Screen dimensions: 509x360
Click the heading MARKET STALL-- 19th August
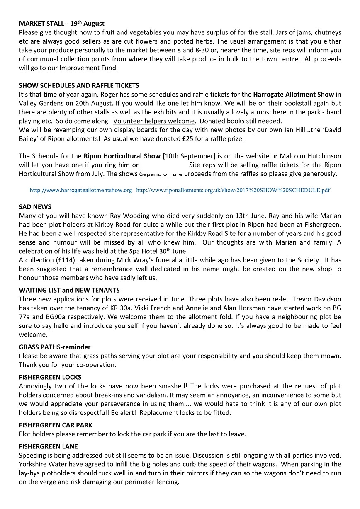coord(62,24)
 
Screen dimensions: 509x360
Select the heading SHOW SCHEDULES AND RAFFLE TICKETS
coord(79,86)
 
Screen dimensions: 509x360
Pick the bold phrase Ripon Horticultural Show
coord(122,156)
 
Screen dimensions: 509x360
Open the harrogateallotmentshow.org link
coord(81,190)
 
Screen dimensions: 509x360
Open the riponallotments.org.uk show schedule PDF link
coord(233,190)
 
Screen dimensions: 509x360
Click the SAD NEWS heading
coord(35,207)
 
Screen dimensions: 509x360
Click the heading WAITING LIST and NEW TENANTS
coord(69,291)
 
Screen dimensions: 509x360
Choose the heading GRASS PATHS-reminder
coord(55,347)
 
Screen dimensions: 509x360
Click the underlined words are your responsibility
coord(204,356)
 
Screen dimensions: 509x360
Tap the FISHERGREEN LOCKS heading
coord(50,377)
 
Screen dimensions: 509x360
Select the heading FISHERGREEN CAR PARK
coord(56,425)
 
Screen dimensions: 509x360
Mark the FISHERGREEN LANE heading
coord(48,446)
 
